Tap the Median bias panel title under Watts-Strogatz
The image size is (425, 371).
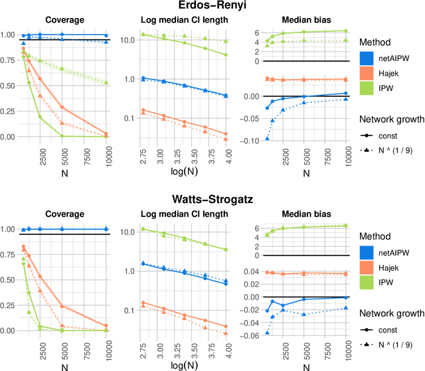[302, 214]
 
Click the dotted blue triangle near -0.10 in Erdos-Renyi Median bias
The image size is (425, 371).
[267, 138]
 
